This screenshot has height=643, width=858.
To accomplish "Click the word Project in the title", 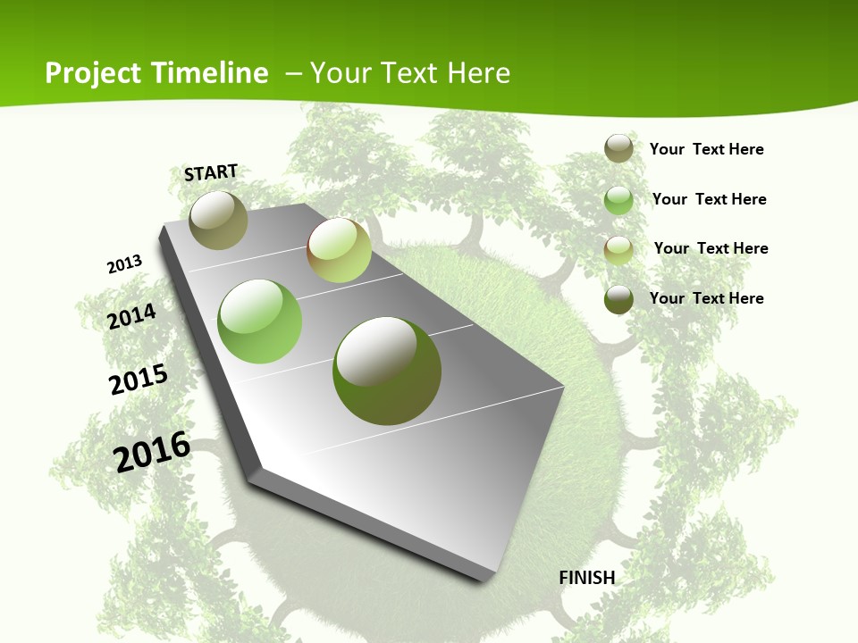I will click(94, 73).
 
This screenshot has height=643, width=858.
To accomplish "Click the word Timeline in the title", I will click(210, 73).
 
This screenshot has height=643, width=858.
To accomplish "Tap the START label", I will click(211, 172).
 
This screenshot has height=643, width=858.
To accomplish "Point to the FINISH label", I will click(587, 578).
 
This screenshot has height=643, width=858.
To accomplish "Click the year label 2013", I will click(124, 264).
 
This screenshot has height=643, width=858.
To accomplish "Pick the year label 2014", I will click(131, 316).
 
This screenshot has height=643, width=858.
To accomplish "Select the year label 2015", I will click(139, 380).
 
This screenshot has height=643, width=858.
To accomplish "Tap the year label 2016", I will click(152, 452).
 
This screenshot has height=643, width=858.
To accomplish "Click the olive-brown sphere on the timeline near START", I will click(218, 220).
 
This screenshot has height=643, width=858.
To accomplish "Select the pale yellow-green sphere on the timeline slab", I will click(339, 250).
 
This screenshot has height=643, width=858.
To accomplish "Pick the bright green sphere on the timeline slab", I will click(260, 321).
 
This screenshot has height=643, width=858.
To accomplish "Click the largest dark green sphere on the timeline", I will click(387, 371).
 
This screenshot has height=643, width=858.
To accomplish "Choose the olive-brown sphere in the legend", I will click(618, 148).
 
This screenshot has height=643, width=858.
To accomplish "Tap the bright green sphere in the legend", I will click(618, 200).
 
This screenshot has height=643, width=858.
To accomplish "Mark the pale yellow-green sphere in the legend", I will click(618, 249).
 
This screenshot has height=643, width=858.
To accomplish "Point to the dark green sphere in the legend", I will click(618, 299).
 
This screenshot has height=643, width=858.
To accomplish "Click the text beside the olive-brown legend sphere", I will click(706, 149).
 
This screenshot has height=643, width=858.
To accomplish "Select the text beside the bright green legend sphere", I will click(709, 199).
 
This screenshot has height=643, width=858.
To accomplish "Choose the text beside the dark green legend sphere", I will click(706, 298).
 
